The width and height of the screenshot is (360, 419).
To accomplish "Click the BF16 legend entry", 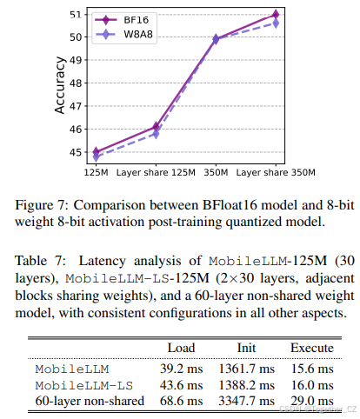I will [x=124, y=18].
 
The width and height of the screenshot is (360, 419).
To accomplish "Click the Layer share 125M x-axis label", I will [x=156, y=171].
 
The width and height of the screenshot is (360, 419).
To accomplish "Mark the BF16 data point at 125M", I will [x=96, y=151].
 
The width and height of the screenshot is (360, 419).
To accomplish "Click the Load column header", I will [x=181, y=348].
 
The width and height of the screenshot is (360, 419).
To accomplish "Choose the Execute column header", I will [x=312, y=348].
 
